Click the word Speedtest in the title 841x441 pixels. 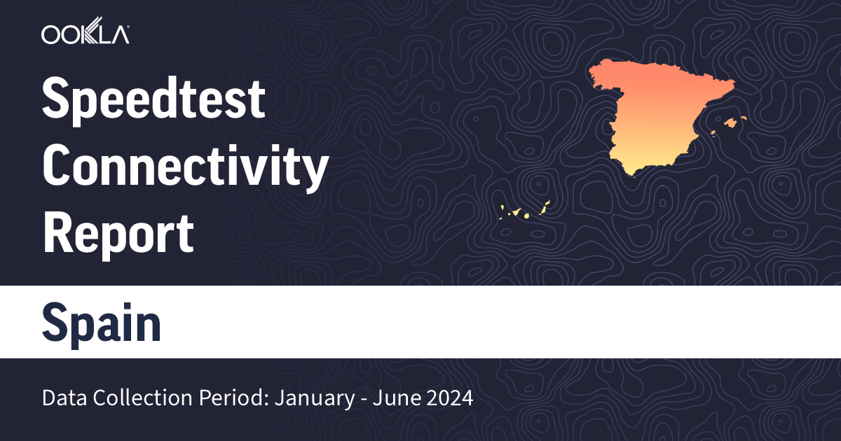pos(154,100)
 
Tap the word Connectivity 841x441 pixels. pos(186,168)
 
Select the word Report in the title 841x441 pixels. pos(118,234)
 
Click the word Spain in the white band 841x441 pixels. pos(102,323)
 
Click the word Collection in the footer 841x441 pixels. pos(131,399)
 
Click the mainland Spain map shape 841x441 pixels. pos(659,115)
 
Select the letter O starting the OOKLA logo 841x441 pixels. pos(53,34)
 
